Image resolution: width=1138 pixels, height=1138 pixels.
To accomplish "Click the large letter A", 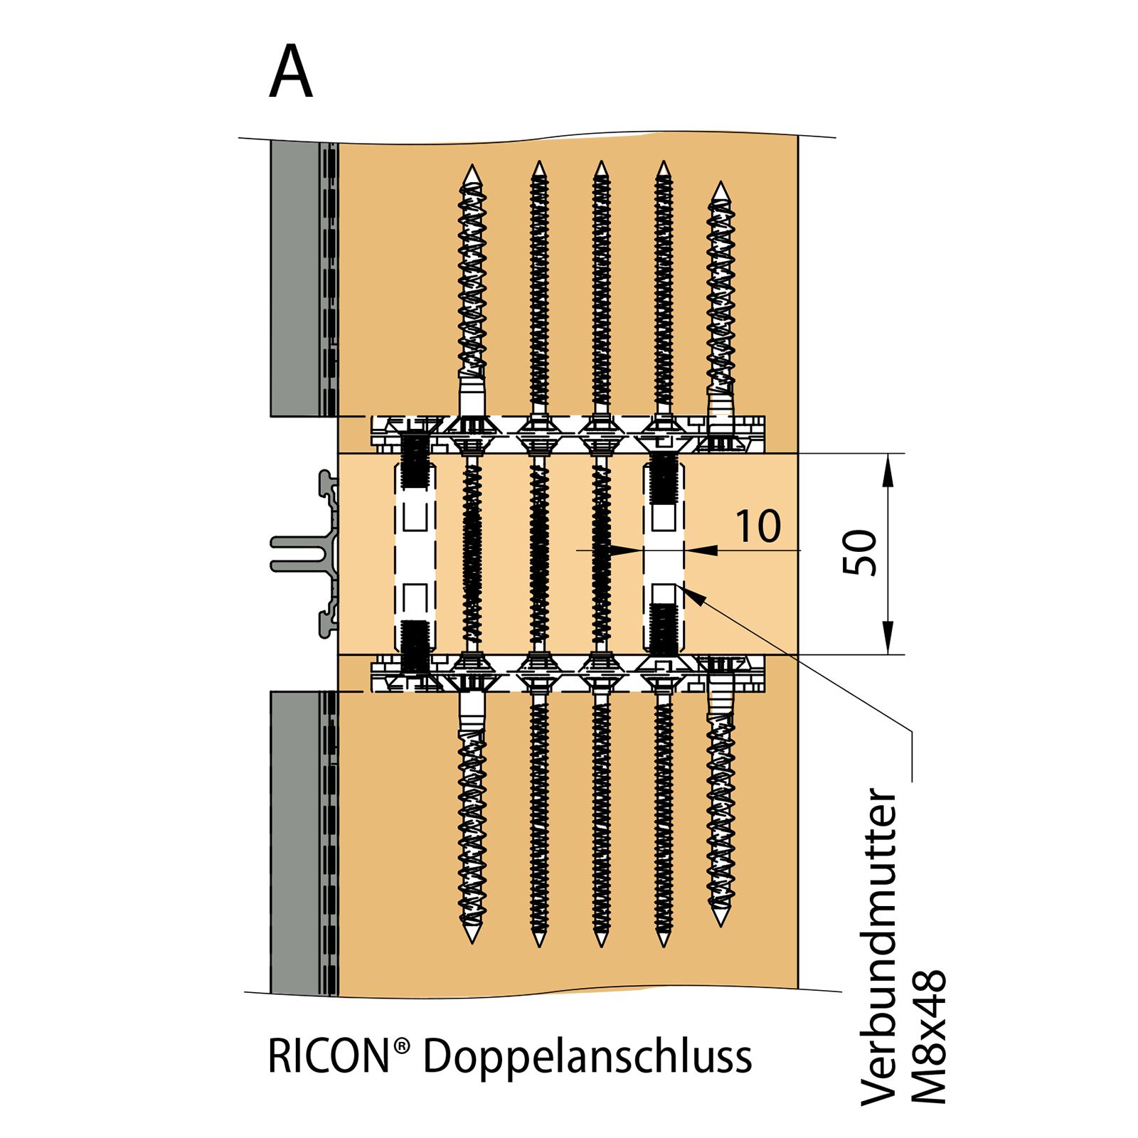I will tap(291, 73).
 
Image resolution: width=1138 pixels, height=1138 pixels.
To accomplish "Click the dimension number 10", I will tap(758, 527).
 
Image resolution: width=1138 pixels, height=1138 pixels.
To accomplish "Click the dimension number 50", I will tap(859, 553).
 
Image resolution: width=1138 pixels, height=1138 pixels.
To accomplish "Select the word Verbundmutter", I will tap(879, 946).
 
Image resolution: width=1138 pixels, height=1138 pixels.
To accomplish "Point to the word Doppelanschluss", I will tap(587, 1058).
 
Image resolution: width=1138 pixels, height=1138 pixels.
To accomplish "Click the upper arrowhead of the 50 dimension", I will tap(888, 469).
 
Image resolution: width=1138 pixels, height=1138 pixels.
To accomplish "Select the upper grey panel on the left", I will tap(295, 277).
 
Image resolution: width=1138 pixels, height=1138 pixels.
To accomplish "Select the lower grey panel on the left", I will tap(295, 843).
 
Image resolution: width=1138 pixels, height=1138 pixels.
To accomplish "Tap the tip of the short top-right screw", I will tap(721, 186).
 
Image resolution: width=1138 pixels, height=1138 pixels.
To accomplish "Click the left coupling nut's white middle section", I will tap(415, 555).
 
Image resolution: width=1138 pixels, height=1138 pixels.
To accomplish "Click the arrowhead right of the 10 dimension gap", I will tap(701, 550).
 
